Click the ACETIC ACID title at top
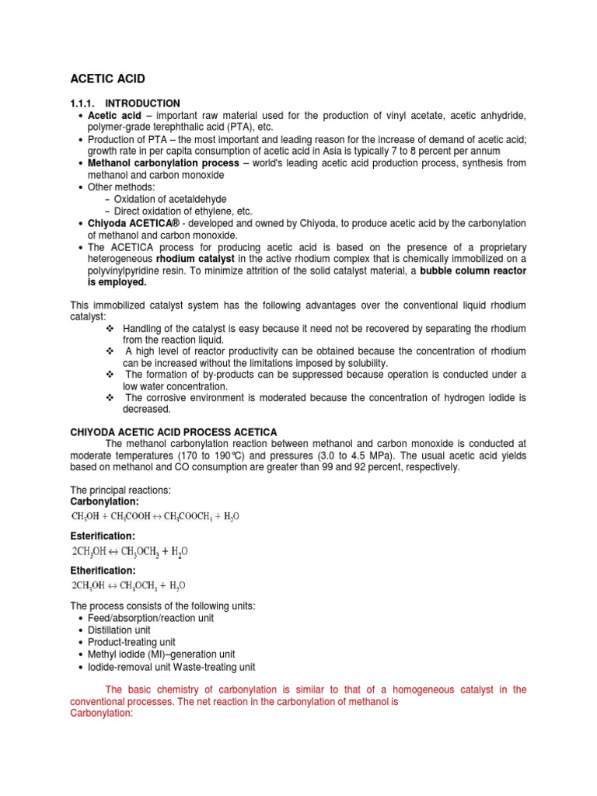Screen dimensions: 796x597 107,79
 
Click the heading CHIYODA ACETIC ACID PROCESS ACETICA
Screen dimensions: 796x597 173,432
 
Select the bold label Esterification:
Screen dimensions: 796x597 103,536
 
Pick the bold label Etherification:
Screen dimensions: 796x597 103,571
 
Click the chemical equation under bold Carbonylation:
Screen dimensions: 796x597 155,516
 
